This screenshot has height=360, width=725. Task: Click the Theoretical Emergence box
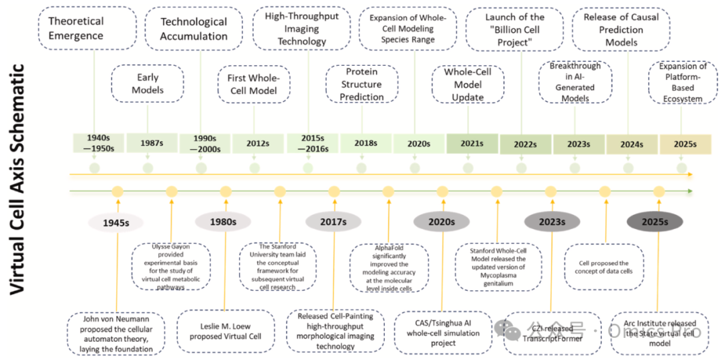click(x=76, y=28)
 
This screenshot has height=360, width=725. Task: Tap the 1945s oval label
click(x=117, y=222)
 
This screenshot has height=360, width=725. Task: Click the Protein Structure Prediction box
click(x=362, y=85)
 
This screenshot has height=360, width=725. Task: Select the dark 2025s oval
click(x=654, y=222)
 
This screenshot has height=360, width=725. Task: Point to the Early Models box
click(x=147, y=84)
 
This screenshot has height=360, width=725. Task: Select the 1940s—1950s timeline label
click(x=95, y=144)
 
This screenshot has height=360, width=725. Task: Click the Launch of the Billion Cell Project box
click(x=514, y=28)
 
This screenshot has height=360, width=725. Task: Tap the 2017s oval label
click(x=333, y=222)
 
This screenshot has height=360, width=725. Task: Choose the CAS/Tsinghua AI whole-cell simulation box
click(x=440, y=332)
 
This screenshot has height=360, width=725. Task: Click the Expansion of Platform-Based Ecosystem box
click(x=681, y=84)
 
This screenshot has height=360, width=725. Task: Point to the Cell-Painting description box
click(x=334, y=331)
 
